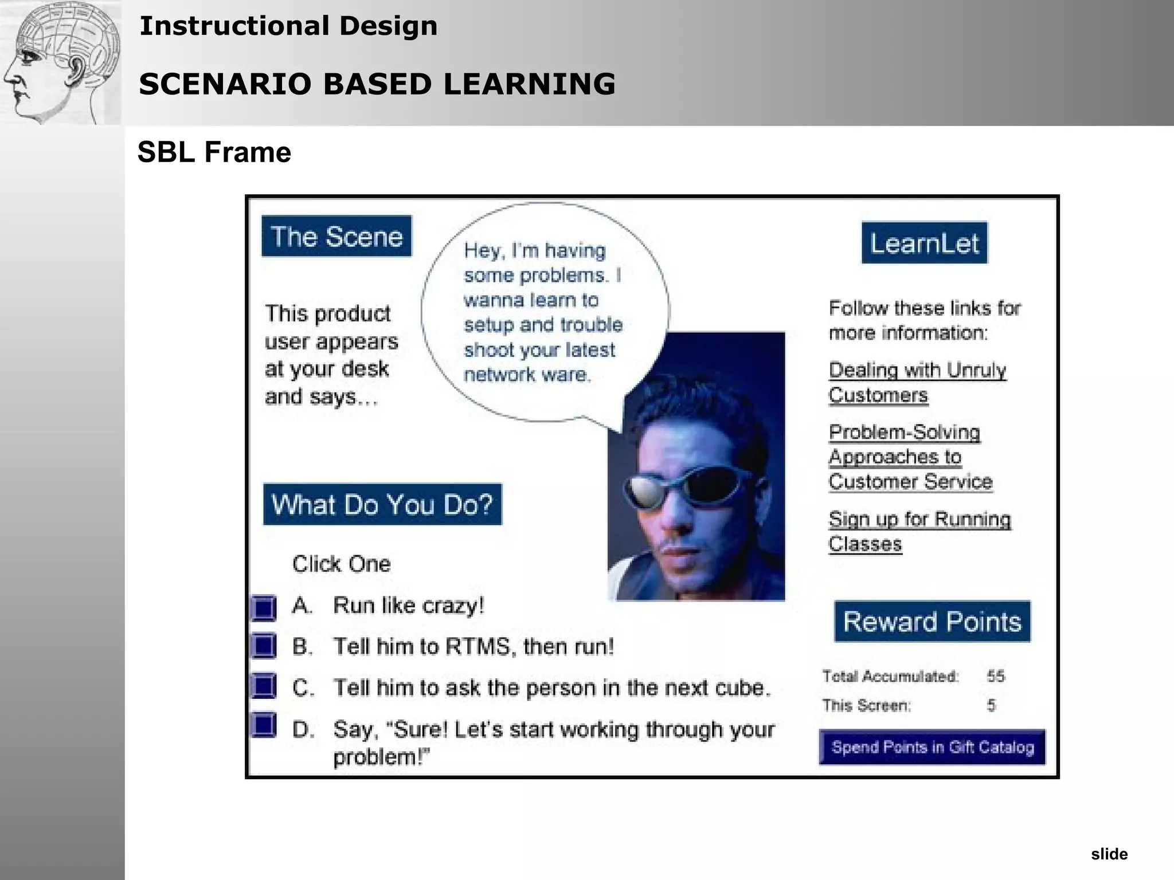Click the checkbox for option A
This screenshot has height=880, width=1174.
pyautogui.click(x=264, y=607)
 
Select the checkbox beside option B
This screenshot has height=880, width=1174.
pyautogui.click(x=264, y=646)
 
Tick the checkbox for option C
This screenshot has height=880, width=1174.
pyautogui.click(x=264, y=686)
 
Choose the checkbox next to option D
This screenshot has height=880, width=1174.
pyautogui.click(x=264, y=725)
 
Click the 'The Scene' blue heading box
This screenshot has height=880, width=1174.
pyautogui.click(x=336, y=236)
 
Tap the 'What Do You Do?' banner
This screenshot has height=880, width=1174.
pyautogui.click(x=382, y=504)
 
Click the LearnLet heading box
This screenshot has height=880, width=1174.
pyautogui.click(x=925, y=243)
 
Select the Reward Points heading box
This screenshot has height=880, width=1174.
pyautogui.click(x=932, y=621)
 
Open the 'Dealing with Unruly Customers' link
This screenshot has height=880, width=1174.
pyautogui.click(x=917, y=383)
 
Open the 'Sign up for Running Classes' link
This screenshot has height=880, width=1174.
pyautogui.click(x=919, y=531)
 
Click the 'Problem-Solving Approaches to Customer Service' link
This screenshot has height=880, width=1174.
pyautogui.click(x=910, y=457)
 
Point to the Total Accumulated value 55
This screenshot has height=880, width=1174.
pyautogui.click(x=996, y=676)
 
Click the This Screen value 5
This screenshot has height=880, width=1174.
pyautogui.click(x=991, y=705)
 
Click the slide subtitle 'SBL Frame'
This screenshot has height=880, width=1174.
pyautogui.click(x=214, y=152)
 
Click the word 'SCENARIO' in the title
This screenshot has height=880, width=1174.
pyautogui.click(x=228, y=84)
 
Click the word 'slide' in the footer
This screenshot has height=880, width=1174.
pyautogui.click(x=1109, y=854)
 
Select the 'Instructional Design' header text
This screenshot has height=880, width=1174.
pyautogui.click(x=288, y=26)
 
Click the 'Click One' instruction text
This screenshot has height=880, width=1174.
pyautogui.click(x=342, y=564)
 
